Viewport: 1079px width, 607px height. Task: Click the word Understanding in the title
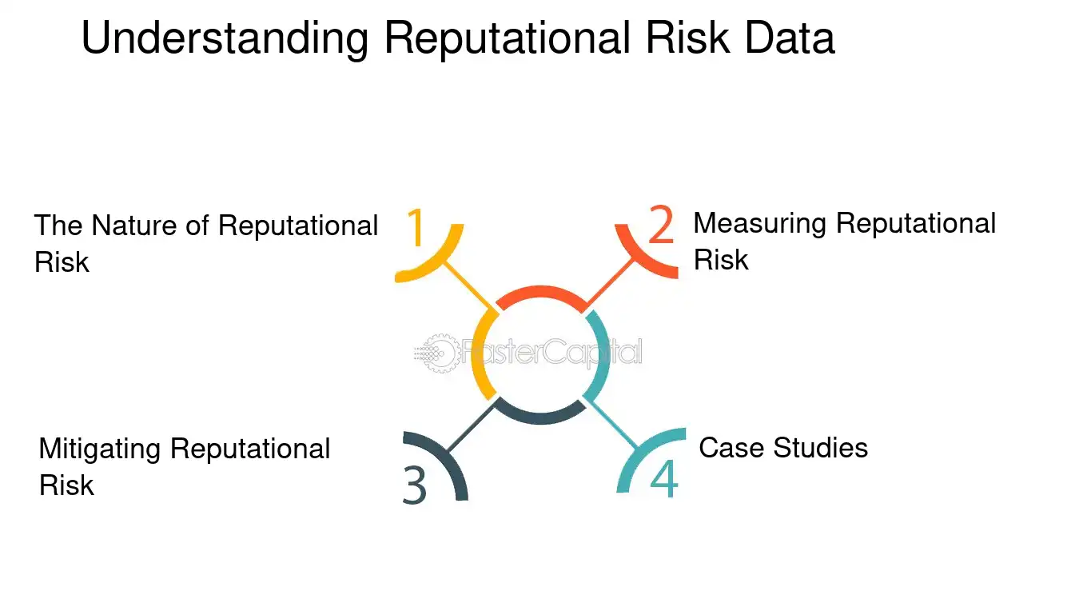[x=225, y=39]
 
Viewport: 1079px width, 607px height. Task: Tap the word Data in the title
[x=790, y=38]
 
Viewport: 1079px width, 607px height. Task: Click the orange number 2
[x=660, y=224]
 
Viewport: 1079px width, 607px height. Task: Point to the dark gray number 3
[x=415, y=485]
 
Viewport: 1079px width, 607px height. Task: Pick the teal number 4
[x=664, y=478]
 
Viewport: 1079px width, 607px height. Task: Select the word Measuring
[x=759, y=224]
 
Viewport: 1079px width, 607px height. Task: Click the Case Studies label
[x=783, y=448]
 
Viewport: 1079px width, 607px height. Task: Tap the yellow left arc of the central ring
[x=478, y=355]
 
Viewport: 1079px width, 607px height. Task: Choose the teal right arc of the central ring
[x=603, y=355]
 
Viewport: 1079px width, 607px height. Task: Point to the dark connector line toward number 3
[x=471, y=427]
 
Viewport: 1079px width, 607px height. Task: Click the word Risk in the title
[x=687, y=38]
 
